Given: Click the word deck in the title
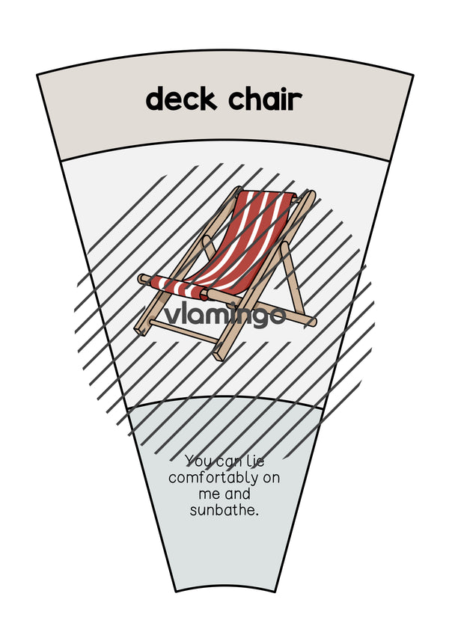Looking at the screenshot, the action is [181, 99].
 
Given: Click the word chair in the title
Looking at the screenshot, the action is [266, 99].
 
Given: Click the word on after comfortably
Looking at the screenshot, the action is [272, 478].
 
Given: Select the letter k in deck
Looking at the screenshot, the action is [207, 99].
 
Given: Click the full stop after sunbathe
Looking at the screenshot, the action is [257, 515].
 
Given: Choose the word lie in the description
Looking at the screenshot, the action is [255, 461].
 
